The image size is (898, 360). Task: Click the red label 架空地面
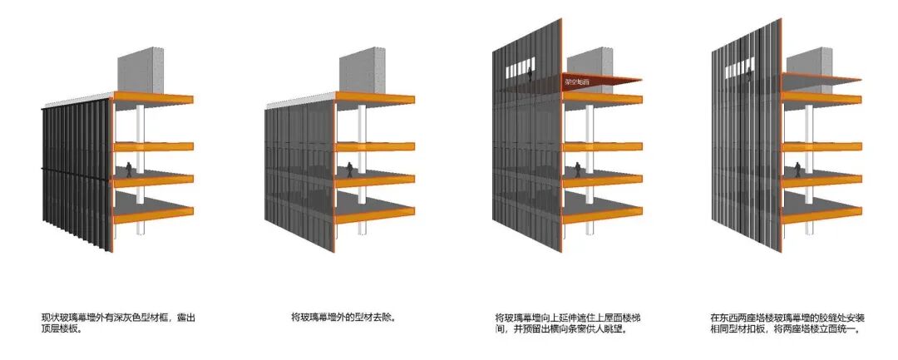pyautogui.click(x=577, y=81)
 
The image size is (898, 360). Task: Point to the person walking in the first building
pyautogui.click(x=129, y=170)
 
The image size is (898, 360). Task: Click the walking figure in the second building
pyautogui.click(x=352, y=170)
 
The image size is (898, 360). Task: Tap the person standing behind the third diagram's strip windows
pyautogui.click(x=529, y=76)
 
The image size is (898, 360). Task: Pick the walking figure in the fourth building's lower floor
pyautogui.click(x=799, y=170)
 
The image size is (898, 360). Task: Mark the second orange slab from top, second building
pyautogui.click(x=377, y=146)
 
